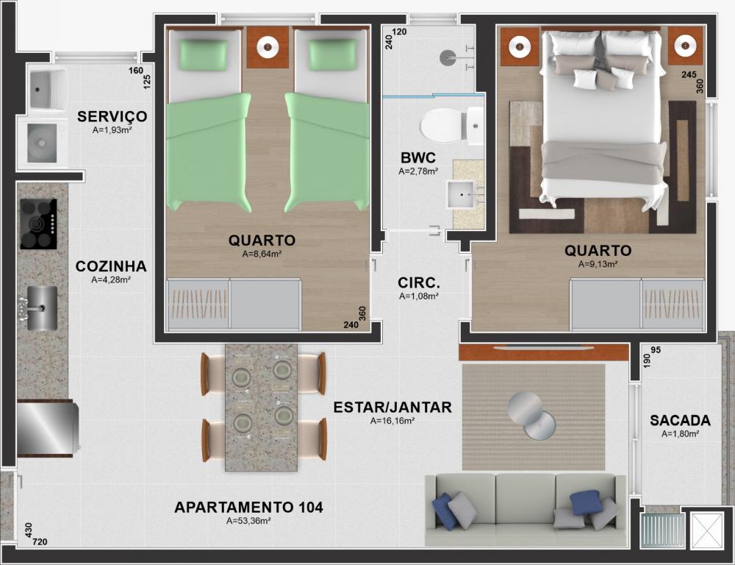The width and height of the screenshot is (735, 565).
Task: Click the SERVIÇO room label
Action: pyautogui.click(x=112, y=116)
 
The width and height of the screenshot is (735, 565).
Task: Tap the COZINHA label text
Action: pyautogui.click(x=111, y=266)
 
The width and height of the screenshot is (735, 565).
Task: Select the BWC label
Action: pyautogui.click(x=418, y=157)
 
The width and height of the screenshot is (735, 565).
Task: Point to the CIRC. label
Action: pyautogui.click(x=419, y=283)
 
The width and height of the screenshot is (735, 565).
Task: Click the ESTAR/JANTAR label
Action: pyautogui.click(x=392, y=408)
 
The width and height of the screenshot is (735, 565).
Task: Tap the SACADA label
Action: pyautogui.click(x=680, y=421)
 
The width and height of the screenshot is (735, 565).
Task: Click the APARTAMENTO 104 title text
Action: pyautogui.click(x=248, y=508)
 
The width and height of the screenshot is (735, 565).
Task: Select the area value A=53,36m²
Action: pyautogui.click(x=248, y=521)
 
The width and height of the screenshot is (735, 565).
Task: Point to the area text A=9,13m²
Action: pyautogui.click(x=598, y=264)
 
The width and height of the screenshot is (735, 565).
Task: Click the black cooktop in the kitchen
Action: pyautogui.click(x=38, y=224)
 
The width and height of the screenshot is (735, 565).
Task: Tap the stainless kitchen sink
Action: pyautogui.click(x=41, y=308)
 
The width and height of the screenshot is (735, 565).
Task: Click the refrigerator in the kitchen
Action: pyautogui.click(x=46, y=428)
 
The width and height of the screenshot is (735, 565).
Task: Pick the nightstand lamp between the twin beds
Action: pyautogui.click(x=268, y=47)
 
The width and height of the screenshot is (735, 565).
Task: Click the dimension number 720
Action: pyautogui.click(x=40, y=542)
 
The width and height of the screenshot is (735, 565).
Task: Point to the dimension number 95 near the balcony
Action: pyautogui.click(x=656, y=350)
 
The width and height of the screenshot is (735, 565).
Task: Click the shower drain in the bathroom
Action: pyautogui.click(x=447, y=57)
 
